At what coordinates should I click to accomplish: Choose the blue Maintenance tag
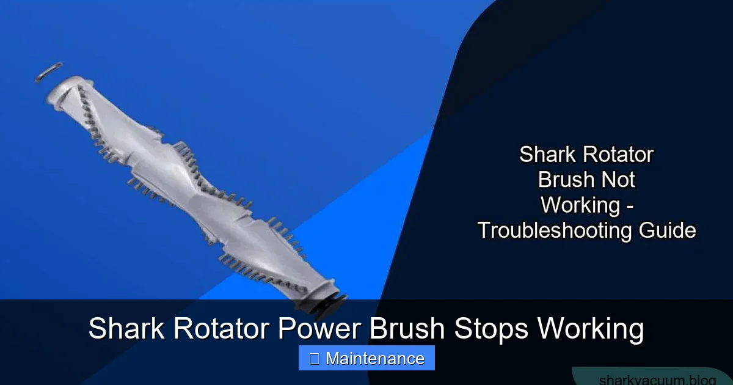366,358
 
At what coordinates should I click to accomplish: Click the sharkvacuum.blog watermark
657,379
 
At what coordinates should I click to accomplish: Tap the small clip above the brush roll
49,71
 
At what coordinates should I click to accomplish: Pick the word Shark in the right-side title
546,155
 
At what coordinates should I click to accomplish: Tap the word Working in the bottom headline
591,329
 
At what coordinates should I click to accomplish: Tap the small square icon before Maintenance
314,359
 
